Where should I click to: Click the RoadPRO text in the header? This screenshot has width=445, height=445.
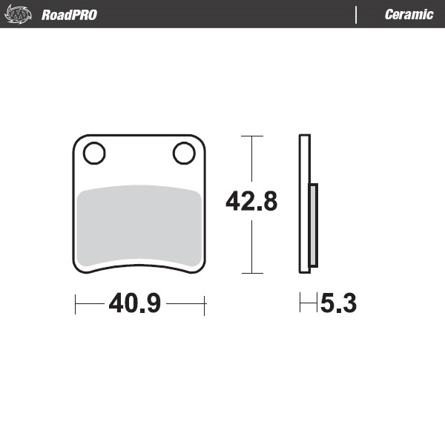pos(69,15)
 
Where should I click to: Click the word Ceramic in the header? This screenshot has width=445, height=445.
pos(409,15)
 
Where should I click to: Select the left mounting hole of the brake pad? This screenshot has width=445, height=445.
pos(93,154)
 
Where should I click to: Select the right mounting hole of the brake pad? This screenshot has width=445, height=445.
pos(183,154)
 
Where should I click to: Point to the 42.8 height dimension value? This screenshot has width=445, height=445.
pos(251,202)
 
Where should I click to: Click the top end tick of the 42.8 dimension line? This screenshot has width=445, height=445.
pos(252,136)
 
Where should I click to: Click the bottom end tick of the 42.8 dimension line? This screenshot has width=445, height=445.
pos(252,274)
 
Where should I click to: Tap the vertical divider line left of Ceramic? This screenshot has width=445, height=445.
pos(357,15)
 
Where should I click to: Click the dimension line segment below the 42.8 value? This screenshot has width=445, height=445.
pos(252,245)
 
